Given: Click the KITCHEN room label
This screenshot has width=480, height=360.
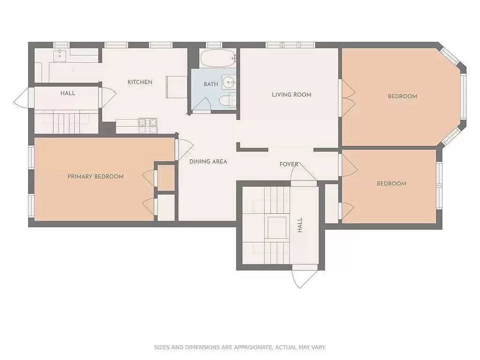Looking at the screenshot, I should [x=140, y=82].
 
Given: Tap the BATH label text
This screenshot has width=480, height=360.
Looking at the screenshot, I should [x=210, y=84].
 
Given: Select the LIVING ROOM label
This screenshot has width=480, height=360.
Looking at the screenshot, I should [x=292, y=95].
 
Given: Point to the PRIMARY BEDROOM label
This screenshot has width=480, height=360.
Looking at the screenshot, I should [x=96, y=177].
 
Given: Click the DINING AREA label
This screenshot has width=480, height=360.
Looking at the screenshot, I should [x=208, y=162].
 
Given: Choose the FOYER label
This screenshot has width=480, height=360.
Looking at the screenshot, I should [x=289, y=165].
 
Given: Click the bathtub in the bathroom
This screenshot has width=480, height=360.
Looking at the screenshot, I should [x=217, y=59].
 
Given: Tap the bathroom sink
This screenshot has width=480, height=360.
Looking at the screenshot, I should [x=228, y=82].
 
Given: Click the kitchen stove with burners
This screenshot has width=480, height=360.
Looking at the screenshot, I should [x=148, y=124].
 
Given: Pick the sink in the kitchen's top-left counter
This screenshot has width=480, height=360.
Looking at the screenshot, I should [x=60, y=55].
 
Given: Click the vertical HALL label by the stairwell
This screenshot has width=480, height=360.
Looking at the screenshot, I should [x=300, y=225].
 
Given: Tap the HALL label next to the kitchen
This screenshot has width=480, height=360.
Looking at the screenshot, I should [x=67, y=93].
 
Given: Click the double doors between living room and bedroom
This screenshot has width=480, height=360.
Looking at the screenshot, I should [x=347, y=97].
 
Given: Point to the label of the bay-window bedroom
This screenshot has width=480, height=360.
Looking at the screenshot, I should [x=402, y=97].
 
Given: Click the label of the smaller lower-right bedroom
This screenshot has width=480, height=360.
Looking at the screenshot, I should [x=391, y=184].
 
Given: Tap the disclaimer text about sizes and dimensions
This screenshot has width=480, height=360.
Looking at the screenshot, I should [x=240, y=347].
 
